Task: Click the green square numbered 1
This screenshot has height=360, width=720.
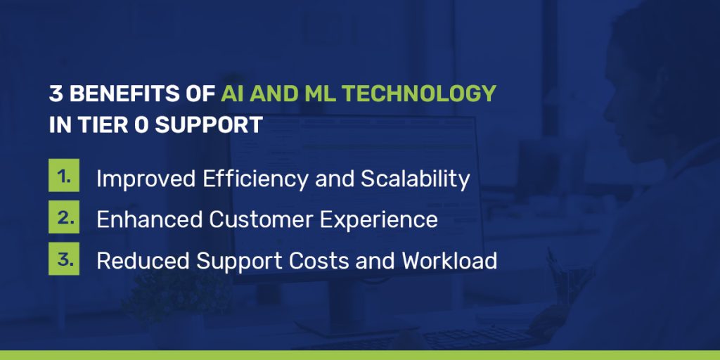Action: pyautogui.click(x=63, y=178)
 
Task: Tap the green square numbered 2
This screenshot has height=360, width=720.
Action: pyautogui.click(x=63, y=219)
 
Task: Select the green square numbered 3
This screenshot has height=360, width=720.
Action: pyautogui.click(x=63, y=259)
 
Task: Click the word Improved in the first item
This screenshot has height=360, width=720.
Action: pyautogui.click(x=146, y=179)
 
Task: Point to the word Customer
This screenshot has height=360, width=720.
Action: pyautogui.click(x=261, y=220)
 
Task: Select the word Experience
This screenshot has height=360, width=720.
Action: pyautogui.click(x=379, y=220)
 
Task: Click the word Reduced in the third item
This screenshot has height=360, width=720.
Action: pyautogui.click(x=143, y=261)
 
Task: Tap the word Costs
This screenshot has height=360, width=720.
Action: pyautogui.click(x=309, y=261)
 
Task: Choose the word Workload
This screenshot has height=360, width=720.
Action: pyautogui.click(x=449, y=261)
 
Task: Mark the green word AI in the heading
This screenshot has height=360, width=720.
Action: pyautogui.click(x=233, y=94)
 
